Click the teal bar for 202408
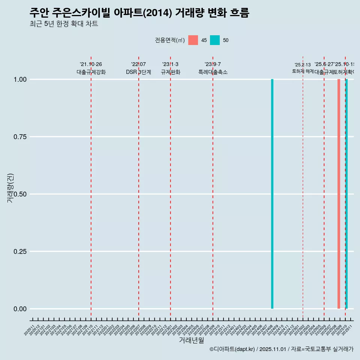272,194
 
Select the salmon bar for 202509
339,194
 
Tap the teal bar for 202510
346,194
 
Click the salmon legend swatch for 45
193,40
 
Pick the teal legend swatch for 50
215,40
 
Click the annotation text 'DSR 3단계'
138,72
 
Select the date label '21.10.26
91,64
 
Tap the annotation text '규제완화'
171,72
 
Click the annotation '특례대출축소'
213,72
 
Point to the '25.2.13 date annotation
303,65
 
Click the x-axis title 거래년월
192,340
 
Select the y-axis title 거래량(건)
10,188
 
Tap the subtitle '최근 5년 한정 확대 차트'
64,24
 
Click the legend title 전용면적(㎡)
170,40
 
